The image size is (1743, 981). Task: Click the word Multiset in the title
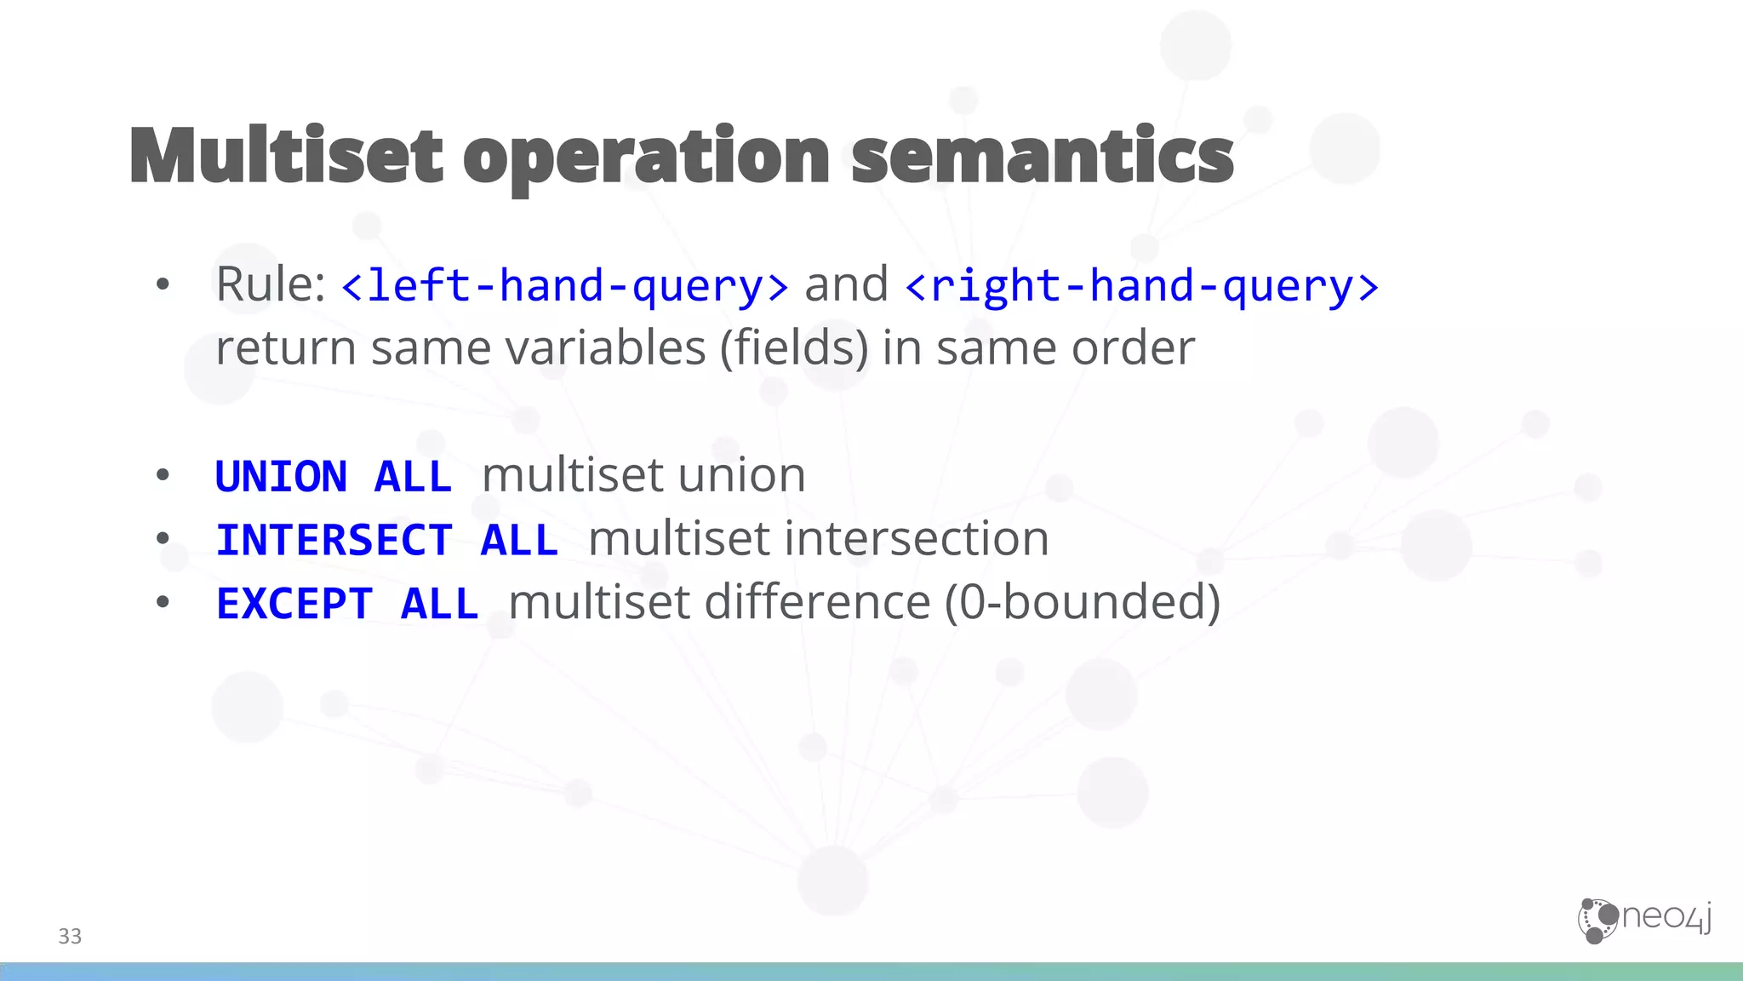287,156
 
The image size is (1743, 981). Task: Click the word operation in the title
647,158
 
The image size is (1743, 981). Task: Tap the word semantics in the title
1042,156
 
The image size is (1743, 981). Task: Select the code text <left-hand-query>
564,286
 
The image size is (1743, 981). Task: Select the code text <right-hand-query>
1141,286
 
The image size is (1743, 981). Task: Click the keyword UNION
282,476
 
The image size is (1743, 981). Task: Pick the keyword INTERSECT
334,540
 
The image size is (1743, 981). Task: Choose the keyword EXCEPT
294,604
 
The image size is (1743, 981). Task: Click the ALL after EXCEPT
439,604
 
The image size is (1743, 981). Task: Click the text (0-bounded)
1083,602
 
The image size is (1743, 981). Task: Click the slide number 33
70,936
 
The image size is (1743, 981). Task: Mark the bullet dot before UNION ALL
163,476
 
